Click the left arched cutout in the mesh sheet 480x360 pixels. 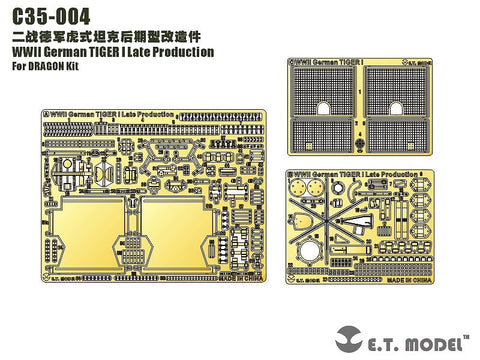pos(328,109)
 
